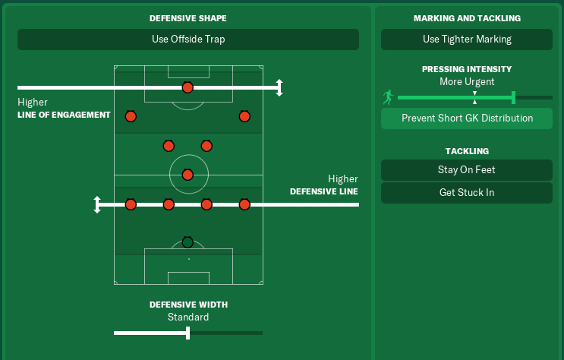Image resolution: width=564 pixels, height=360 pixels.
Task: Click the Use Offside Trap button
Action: (187, 39)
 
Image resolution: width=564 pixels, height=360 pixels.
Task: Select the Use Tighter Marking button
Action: (467, 39)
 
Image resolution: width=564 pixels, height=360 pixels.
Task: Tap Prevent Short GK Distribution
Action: (467, 118)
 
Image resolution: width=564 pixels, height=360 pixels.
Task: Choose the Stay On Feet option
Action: (467, 170)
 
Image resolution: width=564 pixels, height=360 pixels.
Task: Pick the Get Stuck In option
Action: (467, 193)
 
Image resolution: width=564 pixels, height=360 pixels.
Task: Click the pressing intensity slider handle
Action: (514, 97)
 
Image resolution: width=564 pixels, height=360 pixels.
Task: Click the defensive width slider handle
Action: (187, 333)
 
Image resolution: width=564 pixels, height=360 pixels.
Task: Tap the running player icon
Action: (389, 97)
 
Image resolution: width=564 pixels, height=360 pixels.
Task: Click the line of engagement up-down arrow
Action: (279, 88)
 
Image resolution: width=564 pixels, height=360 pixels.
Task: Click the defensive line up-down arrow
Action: (97, 204)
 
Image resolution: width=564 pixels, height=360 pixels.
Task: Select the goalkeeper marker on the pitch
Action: (187, 242)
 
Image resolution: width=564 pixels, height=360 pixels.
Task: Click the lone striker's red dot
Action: (187, 88)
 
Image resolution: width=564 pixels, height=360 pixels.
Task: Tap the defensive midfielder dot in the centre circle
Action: (187, 175)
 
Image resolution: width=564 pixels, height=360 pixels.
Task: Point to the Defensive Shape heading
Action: (187, 18)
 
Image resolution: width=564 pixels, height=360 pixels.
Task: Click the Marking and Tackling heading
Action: (467, 18)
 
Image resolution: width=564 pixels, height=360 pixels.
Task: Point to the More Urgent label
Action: (467, 81)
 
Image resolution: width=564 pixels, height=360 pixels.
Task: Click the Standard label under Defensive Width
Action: (187, 317)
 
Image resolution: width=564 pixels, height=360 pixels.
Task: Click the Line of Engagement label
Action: (64, 115)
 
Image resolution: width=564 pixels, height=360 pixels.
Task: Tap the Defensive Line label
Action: (324, 192)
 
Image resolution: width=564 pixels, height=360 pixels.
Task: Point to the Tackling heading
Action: (467, 151)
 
